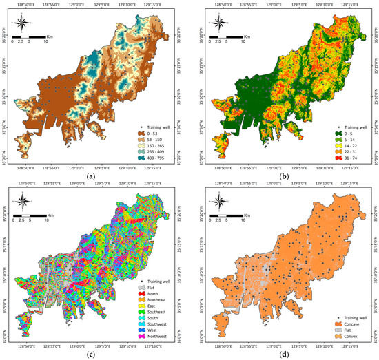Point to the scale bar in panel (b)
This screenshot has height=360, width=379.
click(227, 34)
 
